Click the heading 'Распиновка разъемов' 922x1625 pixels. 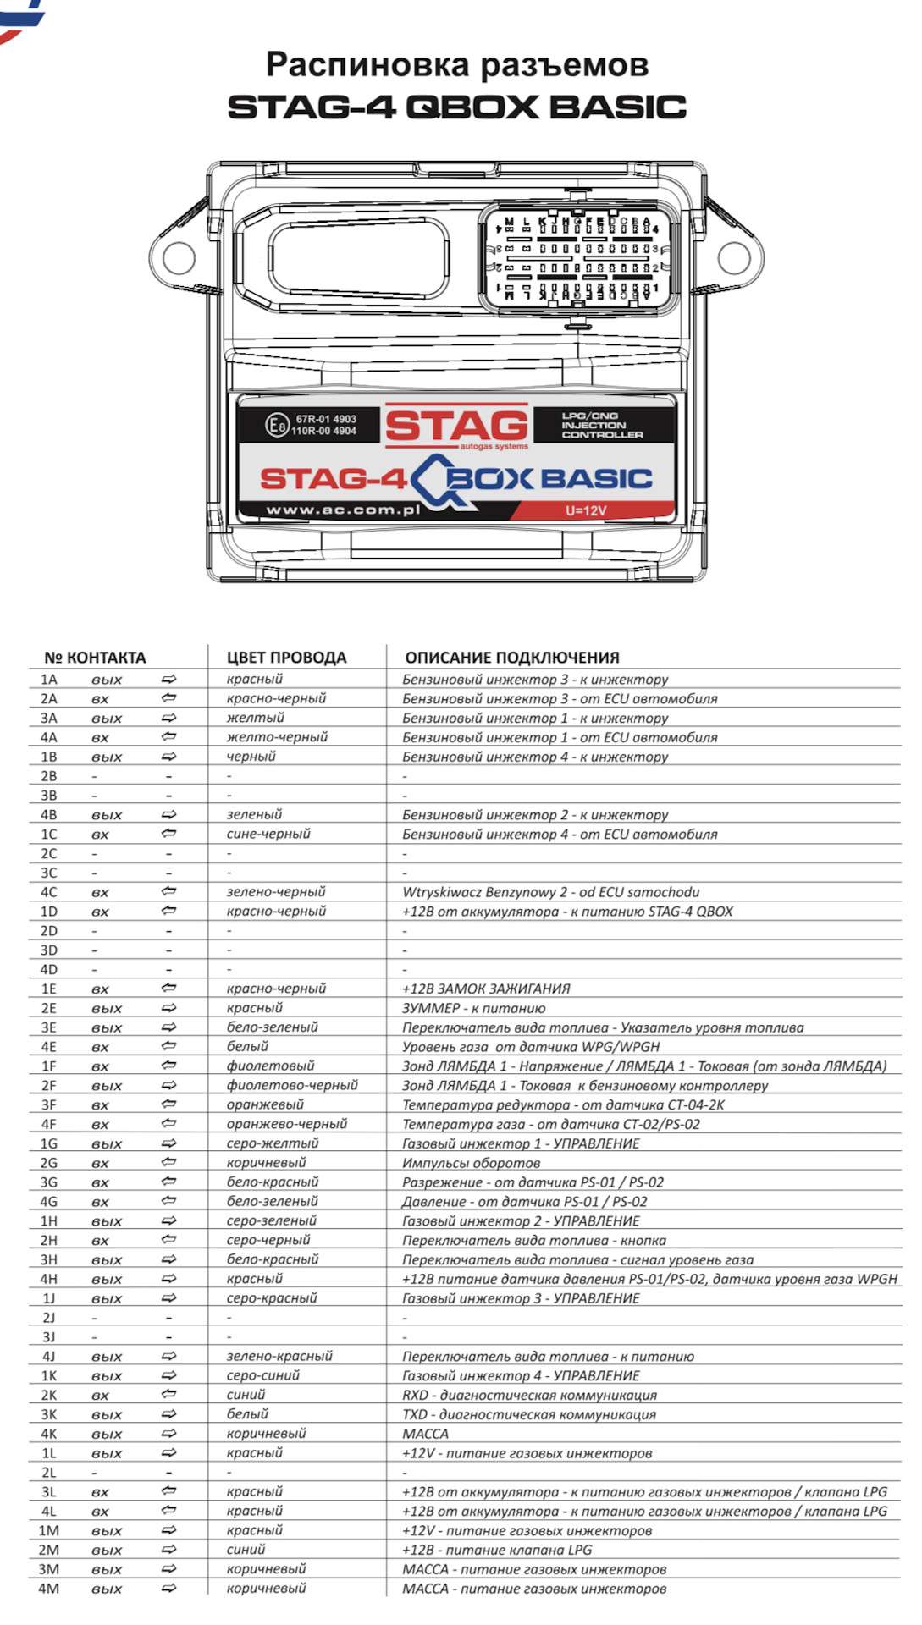click(x=457, y=64)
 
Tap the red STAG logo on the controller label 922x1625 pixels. click(x=457, y=425)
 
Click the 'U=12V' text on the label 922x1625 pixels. click(x=586, y=510)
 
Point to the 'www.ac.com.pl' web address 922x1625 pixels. click(x=343, y=510)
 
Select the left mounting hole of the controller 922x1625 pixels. click(x=179, y=257)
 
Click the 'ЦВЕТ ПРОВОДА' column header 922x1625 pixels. click(x=286, y=658)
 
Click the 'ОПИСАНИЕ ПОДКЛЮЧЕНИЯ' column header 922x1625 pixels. click(x=511, y=658)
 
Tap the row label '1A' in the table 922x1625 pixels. click(x=49, y=680)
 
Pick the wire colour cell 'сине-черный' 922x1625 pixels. click(x=268, y=834)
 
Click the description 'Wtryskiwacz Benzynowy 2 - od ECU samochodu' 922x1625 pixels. click(x=550, y=892)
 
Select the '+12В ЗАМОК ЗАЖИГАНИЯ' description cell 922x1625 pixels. click(x=486, y=989)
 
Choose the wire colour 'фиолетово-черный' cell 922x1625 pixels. click(x=292, y=1085)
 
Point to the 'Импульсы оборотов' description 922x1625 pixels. click(x=471, y=1163)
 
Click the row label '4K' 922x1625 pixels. click(x=49, y=1434)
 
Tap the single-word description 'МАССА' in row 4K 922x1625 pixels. click(x=425, y=1434)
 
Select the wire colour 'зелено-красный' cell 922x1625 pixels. click(x=279, y=1356)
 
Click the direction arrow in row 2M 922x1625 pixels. click(x=168, y=1550)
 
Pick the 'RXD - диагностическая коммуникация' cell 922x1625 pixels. click(x=529, y=1395)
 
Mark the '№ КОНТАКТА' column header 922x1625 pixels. click(x=95, y=658)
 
